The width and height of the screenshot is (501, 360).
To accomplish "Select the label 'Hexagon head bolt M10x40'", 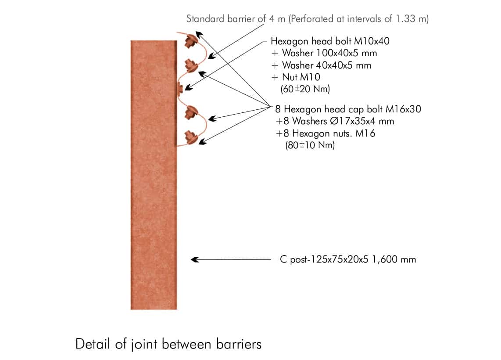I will click(x=330, y=42).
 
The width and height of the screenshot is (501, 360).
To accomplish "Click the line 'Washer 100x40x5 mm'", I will click(x=324, y=54).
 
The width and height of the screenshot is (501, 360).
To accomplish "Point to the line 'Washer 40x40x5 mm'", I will click(x=321, y=65).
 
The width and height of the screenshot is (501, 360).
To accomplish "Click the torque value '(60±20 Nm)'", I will click(x=305, y=89).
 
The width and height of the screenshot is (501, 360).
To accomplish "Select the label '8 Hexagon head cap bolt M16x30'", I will click(x=348, y=109).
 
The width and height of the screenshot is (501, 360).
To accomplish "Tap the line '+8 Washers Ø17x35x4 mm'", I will click(x=335, y=121).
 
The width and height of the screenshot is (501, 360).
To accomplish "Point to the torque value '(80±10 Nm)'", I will click(x=310, y=145).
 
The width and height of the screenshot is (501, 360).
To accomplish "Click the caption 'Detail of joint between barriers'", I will click(x=168, y=344).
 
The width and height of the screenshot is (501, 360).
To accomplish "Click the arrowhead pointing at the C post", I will click(x=195, y=259).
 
